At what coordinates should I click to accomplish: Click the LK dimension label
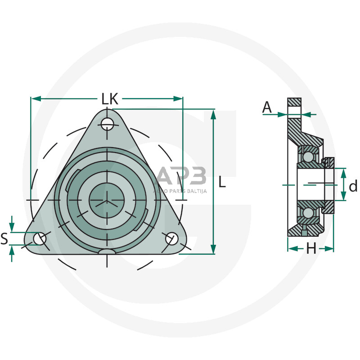coord(110,99)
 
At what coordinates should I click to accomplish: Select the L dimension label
coord(222,182)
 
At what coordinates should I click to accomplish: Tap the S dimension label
coord(4,238)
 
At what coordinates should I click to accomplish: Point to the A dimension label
coord(267,107)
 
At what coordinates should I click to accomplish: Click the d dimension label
coord(353,185)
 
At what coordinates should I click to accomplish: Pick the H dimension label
coord(311,248)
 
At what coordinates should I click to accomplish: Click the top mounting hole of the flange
coord(107,125)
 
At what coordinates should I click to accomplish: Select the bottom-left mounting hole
coord(40,238)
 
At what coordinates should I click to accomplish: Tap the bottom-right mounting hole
coord(172,238)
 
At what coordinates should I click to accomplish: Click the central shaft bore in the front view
coord(107,200)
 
